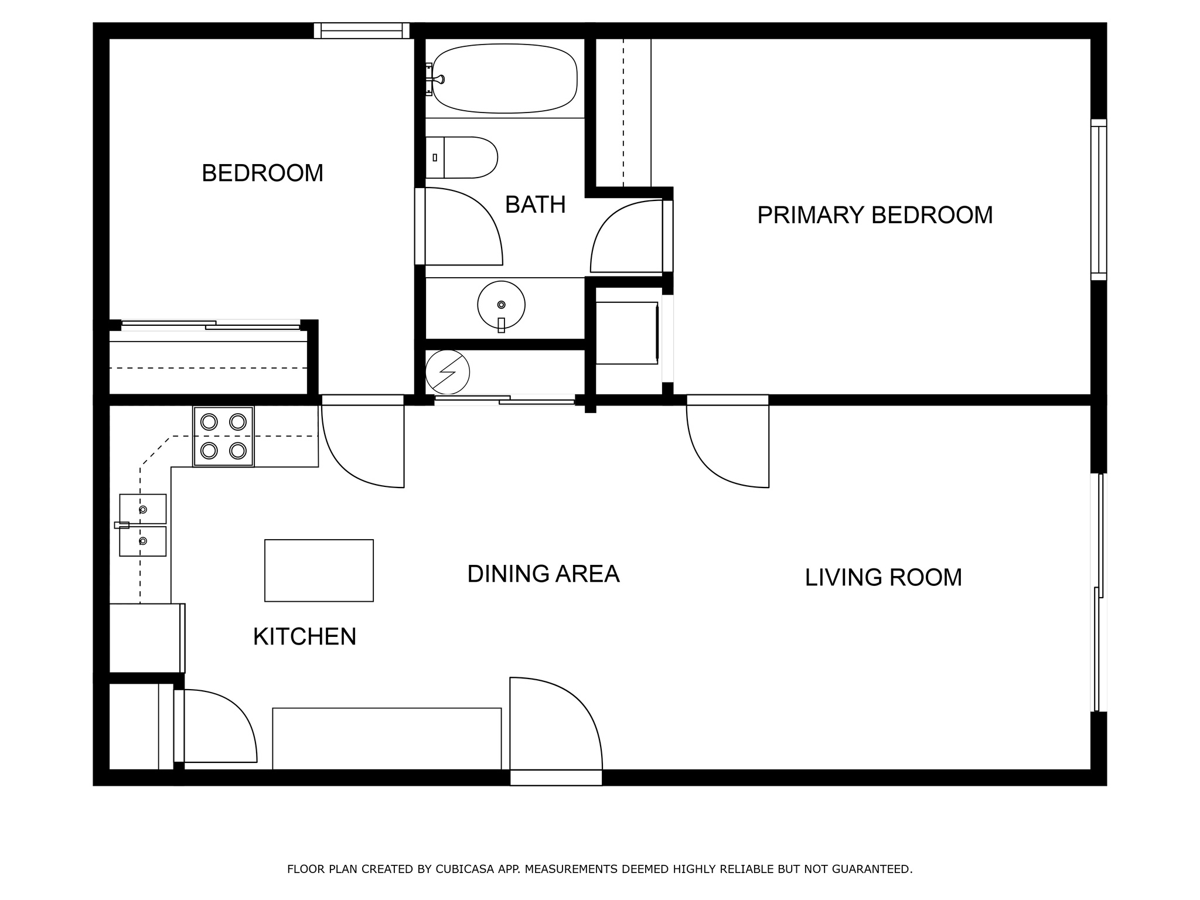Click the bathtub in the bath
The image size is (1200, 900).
pos(504,79)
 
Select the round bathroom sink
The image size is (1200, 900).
pos(501,305)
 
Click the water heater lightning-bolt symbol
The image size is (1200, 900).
pos(448,371)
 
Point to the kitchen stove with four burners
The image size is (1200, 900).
pos(223,437)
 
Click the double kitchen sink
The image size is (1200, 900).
pos(142,525)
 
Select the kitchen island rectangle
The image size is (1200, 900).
pos(319,570)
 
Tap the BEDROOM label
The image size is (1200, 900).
pos(262,173)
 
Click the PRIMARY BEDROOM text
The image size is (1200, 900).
pos(875,215)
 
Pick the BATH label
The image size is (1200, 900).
pos(535,204)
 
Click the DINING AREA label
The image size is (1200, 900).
pos(543,574)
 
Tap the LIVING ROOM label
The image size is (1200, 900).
pos(883,578)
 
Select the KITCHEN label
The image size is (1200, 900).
pos(305,637)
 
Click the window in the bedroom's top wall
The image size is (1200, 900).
pos(362,30)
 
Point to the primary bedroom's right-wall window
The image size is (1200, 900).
pos(1099,199)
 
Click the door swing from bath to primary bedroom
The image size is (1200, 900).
pos(627,237)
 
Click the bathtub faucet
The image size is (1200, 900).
pos(437,79)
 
